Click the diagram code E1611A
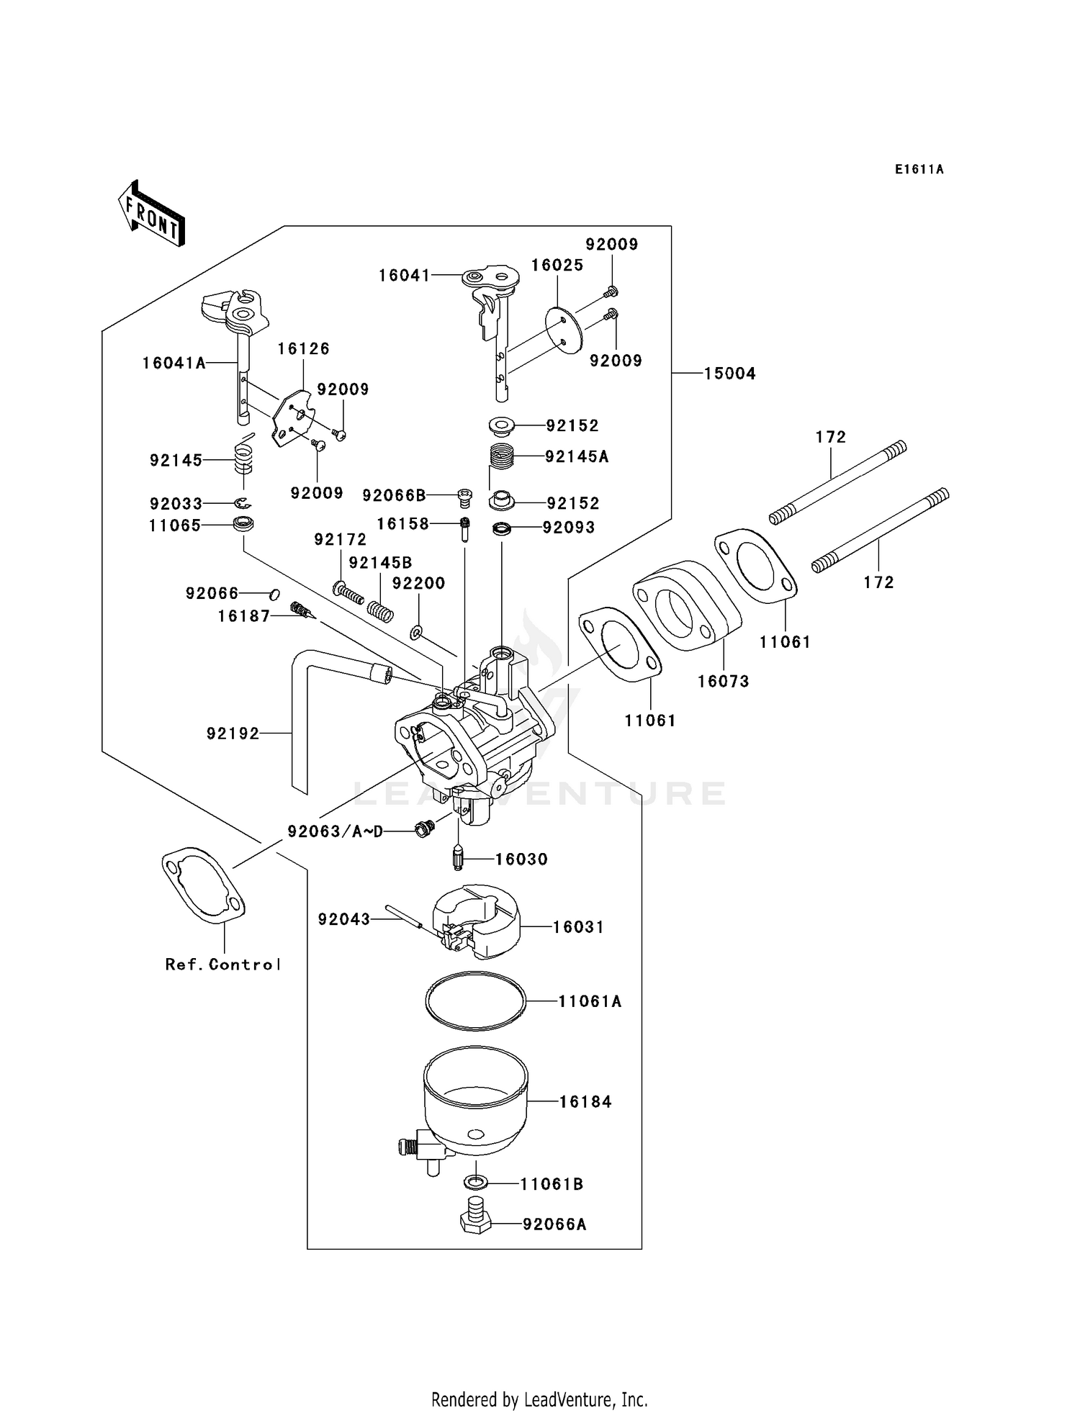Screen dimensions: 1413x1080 [919, 170]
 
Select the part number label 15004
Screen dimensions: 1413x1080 [729, 374]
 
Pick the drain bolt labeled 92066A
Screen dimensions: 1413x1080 [475, 1223]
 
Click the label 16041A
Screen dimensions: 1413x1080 [174, 364]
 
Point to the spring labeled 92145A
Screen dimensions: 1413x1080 [502, 456]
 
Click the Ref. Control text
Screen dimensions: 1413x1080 [222, 965]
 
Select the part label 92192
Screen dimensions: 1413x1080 [232, 733]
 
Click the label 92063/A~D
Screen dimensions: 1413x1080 [335, 832]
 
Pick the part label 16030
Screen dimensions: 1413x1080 [521, 859]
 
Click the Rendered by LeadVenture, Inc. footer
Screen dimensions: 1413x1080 [539, 1399]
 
